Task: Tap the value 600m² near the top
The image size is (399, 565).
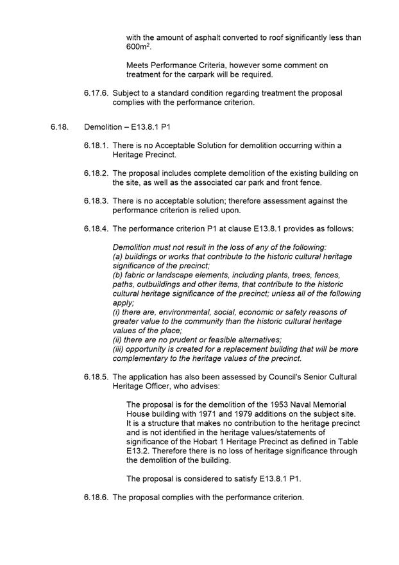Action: pos(138,48)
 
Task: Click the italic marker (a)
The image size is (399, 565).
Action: pos(118,256)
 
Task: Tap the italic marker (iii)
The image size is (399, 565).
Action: pos(119,349)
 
